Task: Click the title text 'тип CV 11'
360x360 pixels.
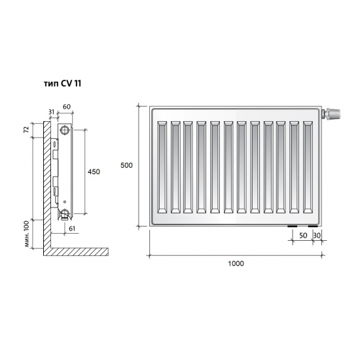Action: point(60,84)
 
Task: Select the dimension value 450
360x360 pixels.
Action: point(94,171)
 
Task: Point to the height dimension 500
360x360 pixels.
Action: point(126,166)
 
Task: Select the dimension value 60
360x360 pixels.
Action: point(65,106)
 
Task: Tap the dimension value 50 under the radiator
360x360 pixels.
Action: point(303,234)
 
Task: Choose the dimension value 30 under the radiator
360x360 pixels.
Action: point(317,234)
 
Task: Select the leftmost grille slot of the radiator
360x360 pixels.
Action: point(162,166)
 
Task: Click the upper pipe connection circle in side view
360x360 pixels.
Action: point(65,130)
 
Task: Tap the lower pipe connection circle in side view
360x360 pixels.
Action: point(65,213)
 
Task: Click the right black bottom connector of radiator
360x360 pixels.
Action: point(312,227)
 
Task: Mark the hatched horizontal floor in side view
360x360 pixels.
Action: point(79,252)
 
